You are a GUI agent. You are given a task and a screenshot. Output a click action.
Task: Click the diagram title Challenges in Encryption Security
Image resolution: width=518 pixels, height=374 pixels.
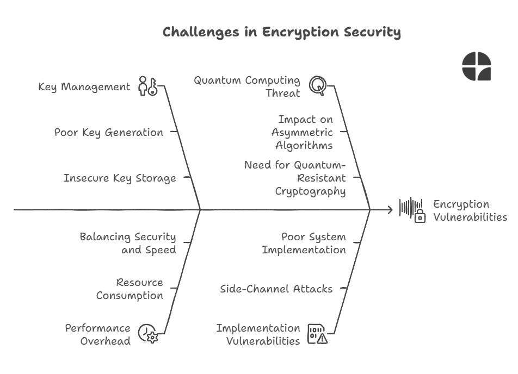(281, 32)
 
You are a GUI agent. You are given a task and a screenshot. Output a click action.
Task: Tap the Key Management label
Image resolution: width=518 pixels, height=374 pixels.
(84, 87)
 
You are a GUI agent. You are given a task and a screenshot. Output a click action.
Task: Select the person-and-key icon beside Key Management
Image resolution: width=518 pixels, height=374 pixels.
(147, 86)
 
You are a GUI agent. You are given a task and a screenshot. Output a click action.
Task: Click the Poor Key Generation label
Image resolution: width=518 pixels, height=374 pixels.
(108, 132)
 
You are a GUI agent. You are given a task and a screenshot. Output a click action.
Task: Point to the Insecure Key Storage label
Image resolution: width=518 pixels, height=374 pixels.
(119, 178)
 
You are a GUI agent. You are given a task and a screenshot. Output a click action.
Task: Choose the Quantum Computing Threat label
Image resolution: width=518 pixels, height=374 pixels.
(247, 86)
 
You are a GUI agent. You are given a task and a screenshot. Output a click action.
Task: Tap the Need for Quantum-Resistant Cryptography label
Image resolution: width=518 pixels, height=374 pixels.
(295, 178)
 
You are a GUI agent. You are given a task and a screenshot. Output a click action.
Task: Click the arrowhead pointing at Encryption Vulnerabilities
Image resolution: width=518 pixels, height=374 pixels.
(389, 209)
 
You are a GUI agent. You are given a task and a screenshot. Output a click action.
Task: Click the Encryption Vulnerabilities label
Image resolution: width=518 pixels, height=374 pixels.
(470, 210)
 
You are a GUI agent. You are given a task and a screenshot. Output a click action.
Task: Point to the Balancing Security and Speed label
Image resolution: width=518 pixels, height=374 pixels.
(128, 243)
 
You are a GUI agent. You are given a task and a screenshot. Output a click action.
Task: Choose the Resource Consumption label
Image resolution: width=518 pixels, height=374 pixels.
(130, 289)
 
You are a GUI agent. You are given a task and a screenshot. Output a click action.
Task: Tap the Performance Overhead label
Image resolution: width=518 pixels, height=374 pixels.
(97, 334)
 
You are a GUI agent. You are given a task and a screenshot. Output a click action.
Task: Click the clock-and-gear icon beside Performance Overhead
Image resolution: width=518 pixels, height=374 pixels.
(147, 334)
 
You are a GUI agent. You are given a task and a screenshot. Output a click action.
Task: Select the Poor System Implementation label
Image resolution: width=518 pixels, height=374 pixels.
(304, 243)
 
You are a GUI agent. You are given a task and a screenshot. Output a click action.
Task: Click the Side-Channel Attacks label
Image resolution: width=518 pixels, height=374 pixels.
(276, 289)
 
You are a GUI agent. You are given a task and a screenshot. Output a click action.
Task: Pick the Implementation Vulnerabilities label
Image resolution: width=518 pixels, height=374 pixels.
(258, 334)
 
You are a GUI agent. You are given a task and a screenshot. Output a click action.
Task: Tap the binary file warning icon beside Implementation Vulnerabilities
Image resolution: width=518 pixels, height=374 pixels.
(318, 334)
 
